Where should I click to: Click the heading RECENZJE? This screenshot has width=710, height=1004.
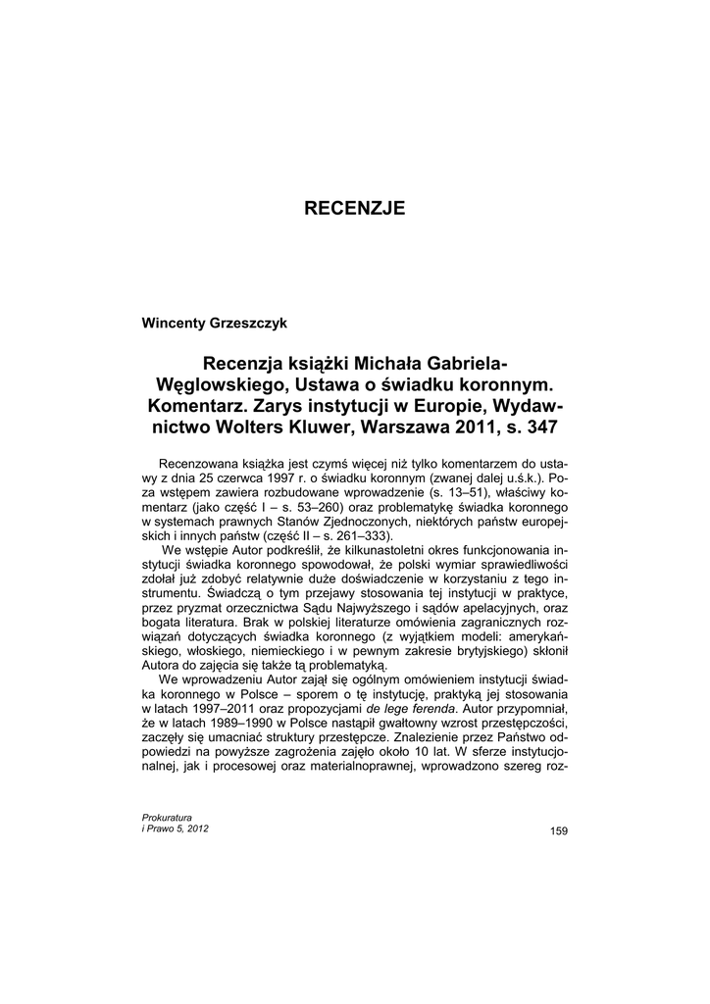click(x=354, y=208)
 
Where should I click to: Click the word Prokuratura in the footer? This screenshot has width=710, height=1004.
click(x=168, y=817)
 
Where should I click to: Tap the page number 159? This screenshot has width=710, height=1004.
click(x=559, y=831)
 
